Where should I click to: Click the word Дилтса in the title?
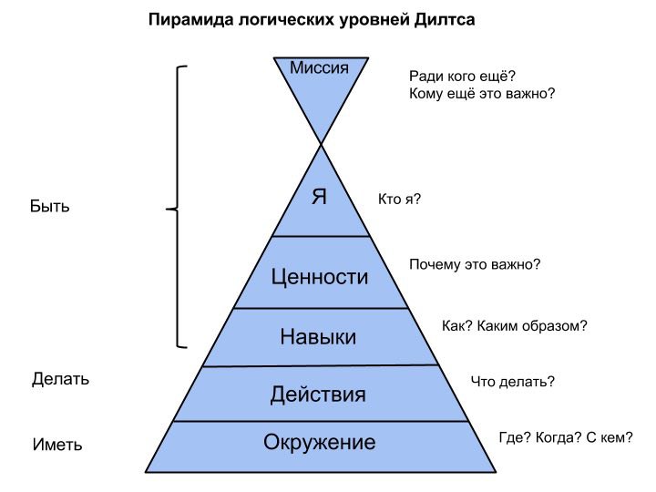coord(445,20)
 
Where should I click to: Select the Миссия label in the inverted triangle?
coord(319,67)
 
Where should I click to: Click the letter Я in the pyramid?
coord(319,196)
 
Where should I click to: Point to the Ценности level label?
coord(320,277)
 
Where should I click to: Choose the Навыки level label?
coord(318,337)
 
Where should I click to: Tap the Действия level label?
coord(318,395)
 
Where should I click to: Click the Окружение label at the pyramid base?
coord(319,442)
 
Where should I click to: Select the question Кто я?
coord(400,200)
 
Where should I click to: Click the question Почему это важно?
coord(475,264)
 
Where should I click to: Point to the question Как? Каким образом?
coord(515,325)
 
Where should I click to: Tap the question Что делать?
coord(513,382)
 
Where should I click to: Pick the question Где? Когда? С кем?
coord(566,437)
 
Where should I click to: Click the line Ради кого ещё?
coord(462,77)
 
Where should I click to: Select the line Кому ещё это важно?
coord(482,93)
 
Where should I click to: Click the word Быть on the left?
coord(50,206)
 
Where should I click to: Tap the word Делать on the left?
coord(61,379)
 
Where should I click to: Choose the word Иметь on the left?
coord(57,445)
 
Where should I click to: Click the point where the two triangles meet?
coord(321,144)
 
